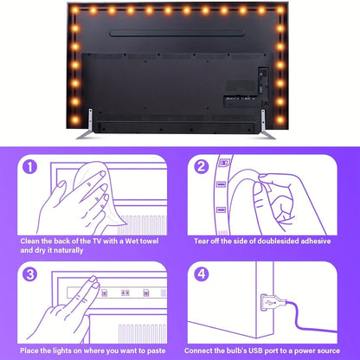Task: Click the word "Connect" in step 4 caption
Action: (x=201, y=350)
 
